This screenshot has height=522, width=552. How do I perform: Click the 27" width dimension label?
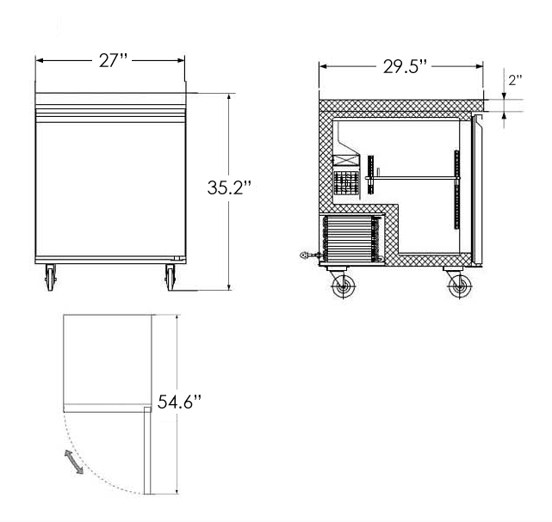pos(113,61)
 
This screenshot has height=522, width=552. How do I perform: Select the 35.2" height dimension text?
pos(229,187)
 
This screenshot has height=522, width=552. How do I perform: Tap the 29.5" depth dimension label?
pos(405,66)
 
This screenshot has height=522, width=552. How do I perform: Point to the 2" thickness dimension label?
pos(515,80)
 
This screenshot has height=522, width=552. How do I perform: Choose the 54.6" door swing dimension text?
pos(179,402)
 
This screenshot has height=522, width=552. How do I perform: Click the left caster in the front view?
pos(51,278)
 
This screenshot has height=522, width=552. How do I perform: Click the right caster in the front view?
pos(171,278)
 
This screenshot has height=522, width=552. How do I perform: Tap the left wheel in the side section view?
pos(344,286)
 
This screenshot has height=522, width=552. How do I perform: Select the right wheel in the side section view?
pos(459,286)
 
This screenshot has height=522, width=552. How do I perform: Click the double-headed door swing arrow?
pos(74,462)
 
